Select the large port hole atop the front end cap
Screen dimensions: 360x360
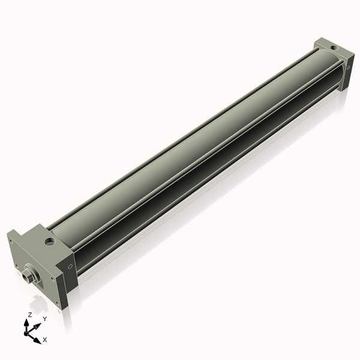(x=49, y=242)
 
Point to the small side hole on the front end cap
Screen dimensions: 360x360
(x=70, y=266)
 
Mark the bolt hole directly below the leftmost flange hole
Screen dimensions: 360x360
(x=16, y=265)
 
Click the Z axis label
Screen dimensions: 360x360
(x=29, y=315)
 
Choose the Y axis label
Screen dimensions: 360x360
(x=44, y=319)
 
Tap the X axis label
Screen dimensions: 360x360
(x=45, y=340)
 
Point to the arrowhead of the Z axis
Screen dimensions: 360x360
(x=27, y=322)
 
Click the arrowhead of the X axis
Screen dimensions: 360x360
(x=38, y=340)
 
